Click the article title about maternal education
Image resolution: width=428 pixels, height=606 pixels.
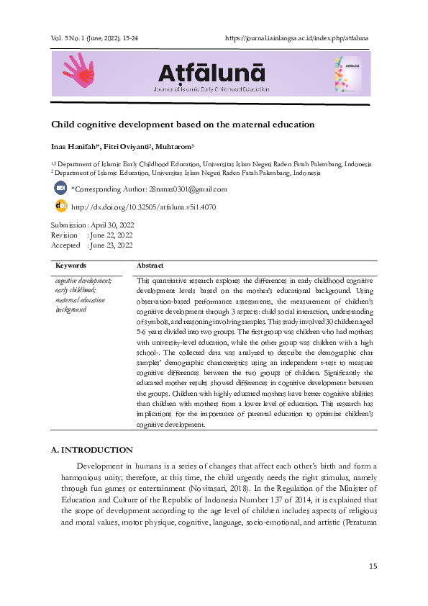pyautogui.click(x=182, y=125)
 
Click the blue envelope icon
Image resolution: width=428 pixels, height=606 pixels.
pyautogui.click(x=60, y=189)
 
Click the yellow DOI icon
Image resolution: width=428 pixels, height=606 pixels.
pyautogui.click(x=60, y=207)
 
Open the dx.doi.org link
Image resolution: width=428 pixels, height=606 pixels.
pyautogui.click(x=144, y=207)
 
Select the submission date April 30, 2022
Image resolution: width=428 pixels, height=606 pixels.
pyautogui.click(x=110, y=225)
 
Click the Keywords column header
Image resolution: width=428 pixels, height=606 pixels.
pyautogui.click(x=70, y=266)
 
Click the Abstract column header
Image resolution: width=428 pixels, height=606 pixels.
pyautogui.click(x=150, y=266)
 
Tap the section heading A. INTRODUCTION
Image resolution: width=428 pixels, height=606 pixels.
pyautogui.click(x=91, y=450)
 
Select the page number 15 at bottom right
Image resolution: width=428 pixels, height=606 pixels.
pyautogui.click(x=373, y=566)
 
